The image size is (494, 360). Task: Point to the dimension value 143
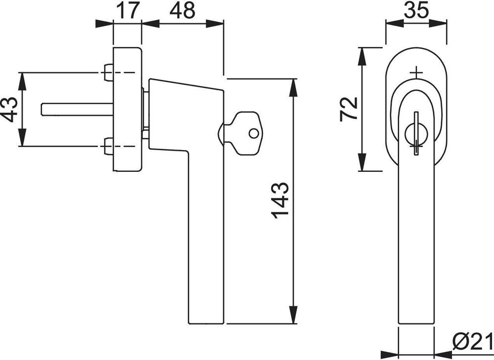[280, 200]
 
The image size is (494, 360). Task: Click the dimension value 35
[416, 10]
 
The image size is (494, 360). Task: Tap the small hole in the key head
[253, 133]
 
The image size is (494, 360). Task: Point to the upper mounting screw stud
[109, 73]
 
